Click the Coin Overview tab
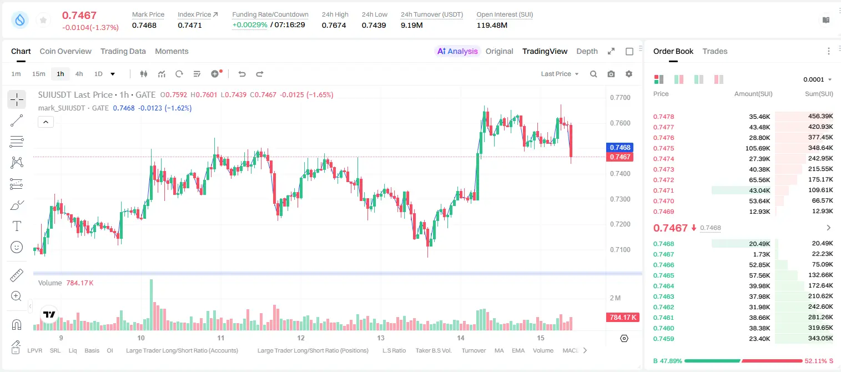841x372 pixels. coord(66,51)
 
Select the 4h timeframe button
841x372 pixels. coord(79,74)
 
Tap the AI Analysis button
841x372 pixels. coord(457,51)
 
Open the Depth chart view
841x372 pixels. coord(587,51)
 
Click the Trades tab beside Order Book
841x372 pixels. coord(715,51)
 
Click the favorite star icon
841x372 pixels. coord(43,20)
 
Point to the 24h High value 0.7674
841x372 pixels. coord(334,25)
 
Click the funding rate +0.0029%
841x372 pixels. coord(250,25)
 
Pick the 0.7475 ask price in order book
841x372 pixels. coord(663,148)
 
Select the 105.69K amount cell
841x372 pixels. coord(758,148)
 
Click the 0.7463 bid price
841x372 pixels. coord(663,296)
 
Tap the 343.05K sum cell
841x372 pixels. coord(820,338)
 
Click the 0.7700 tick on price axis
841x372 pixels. coord(620,98)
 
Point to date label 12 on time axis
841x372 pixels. coord(301,338)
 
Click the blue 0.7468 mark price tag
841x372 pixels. coord(620,148)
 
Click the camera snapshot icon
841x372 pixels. coord(611,74)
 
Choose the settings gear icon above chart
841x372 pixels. coord(629,74)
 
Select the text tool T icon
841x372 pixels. coord(17,226)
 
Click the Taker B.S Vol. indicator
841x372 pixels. coord(433,350)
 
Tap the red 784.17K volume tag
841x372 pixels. coord(622,318)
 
